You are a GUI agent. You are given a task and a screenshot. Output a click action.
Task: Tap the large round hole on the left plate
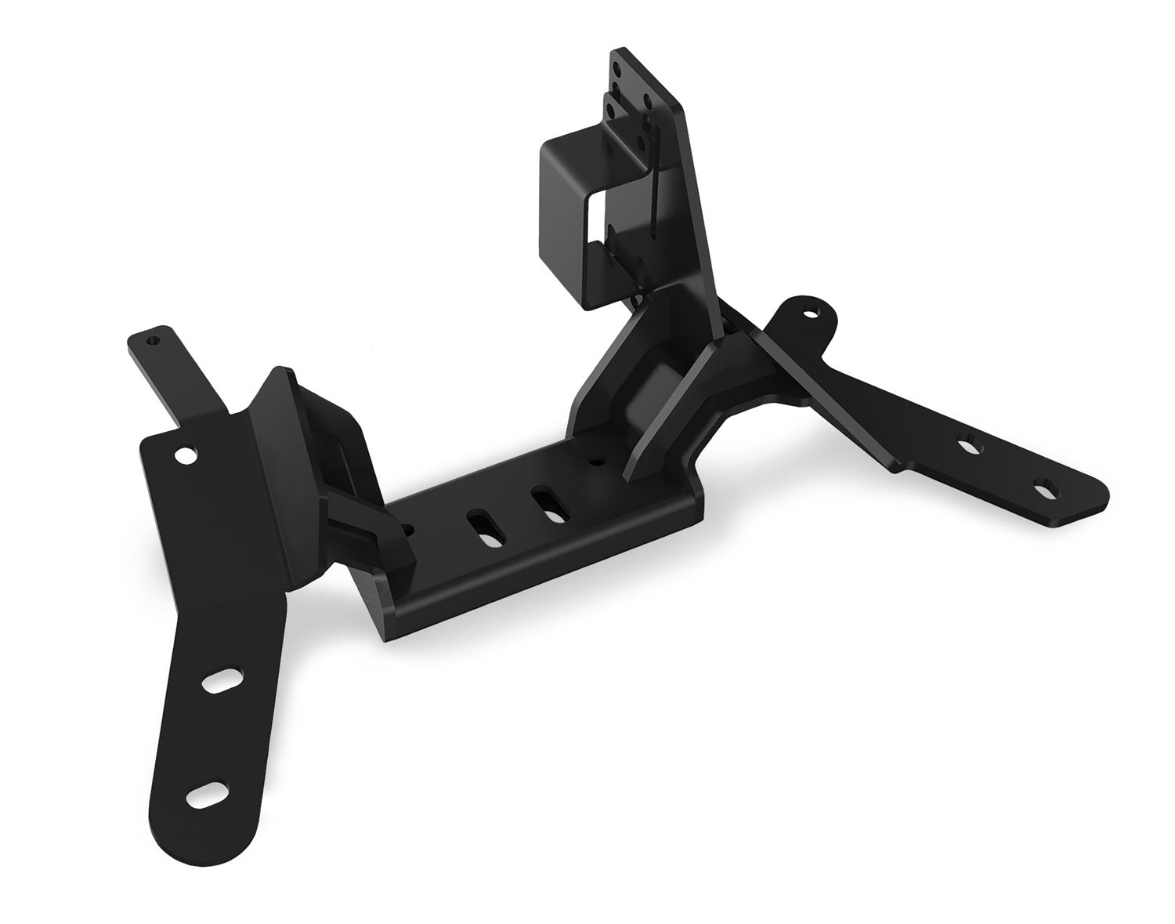[185, 455]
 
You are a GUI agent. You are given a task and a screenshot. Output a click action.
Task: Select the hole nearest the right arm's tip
[1043, 491]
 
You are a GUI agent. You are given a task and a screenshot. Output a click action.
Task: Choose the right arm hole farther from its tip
[970, 444]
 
